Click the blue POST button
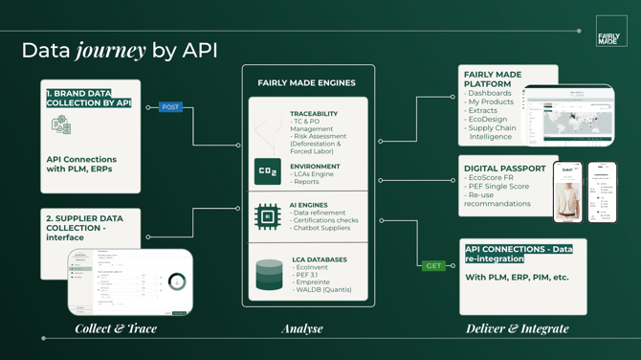point(170,107)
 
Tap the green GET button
point(433,265)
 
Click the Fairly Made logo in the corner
point(610,32)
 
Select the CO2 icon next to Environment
point(268,172)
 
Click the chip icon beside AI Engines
point(268,216)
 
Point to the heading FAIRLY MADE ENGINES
point(306,83)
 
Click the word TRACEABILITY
point(314,114)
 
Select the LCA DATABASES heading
point(319,259)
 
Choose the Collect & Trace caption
point(116,328)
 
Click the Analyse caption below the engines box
point(302,328)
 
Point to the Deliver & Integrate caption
point(517,328)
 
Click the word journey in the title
point(111,51)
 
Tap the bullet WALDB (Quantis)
point(325,290)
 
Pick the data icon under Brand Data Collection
point(61,125)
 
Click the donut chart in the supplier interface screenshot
point(176,281)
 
